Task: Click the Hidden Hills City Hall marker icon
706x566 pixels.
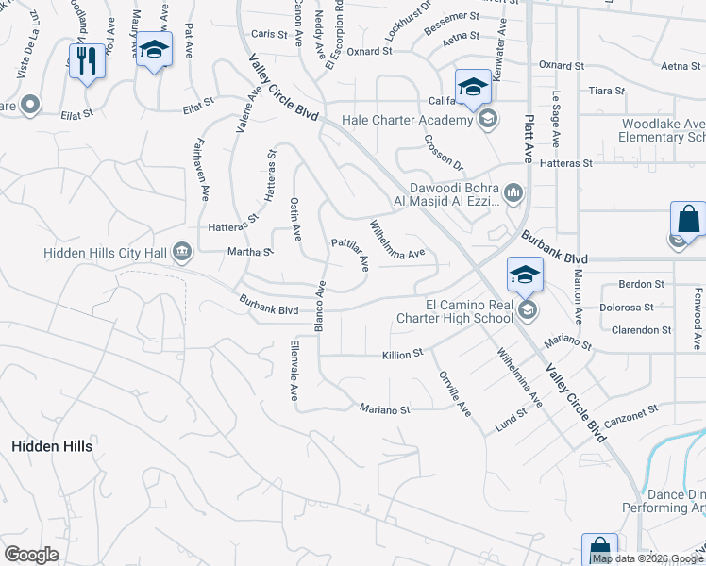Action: (x=181, y=252)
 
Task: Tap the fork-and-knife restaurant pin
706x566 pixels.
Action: (x=87, y=61)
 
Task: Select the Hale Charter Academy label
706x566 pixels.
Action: (x=407, y=120)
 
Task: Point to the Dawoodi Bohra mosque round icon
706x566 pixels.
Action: (x=513, y=193)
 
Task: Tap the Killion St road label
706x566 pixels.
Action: (x=401, y=355)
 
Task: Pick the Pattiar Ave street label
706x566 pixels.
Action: (x=349, y=255)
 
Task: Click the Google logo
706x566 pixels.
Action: (x=32, y=555)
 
